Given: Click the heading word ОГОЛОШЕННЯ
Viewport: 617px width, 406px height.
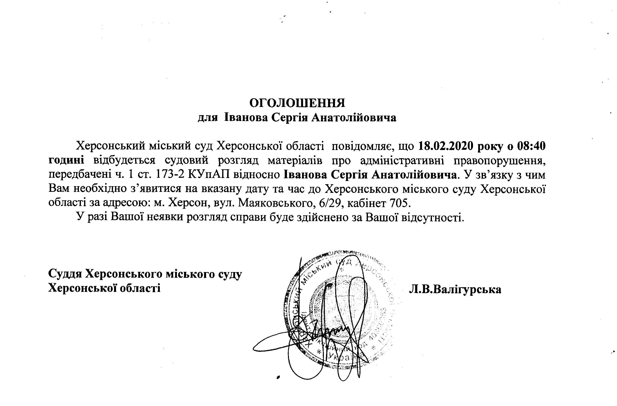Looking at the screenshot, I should pyautogui.click(x=297, y=103).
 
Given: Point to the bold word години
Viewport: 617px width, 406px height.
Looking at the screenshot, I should pyautogui.click(x=66, y=160).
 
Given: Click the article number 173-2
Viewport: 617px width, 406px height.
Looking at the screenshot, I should pyautogui.click(x=171, y=175).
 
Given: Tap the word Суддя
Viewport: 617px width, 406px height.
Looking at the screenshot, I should pyautogui.click(x=65, y=275).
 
